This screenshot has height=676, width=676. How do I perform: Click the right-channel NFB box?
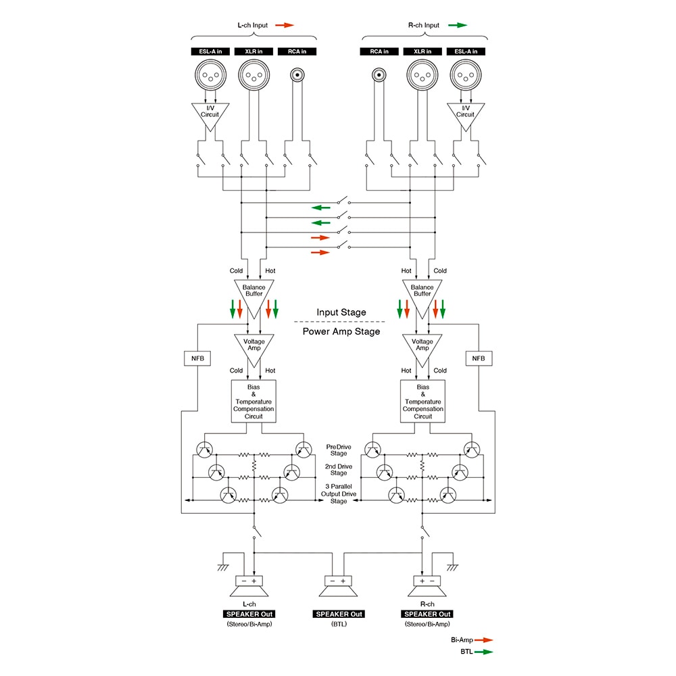tap(479, 358)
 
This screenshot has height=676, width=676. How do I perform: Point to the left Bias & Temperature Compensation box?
tap(254, 402)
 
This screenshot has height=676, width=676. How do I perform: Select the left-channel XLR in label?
tap(254, 51)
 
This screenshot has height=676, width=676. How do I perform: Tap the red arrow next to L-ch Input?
tap(285, 26)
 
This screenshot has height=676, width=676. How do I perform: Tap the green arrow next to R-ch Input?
tap(457, 26)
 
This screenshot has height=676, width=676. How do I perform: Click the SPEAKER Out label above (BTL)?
tap(339, 614)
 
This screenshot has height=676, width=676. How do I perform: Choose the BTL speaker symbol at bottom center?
tap(338, 589)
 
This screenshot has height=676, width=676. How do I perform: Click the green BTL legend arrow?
tap(483, 652)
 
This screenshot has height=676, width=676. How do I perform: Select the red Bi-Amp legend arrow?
tap(483, 639)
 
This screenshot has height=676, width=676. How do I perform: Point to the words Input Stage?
tap(341, 312)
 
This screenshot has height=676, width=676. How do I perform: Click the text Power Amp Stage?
tap(341, 331)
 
